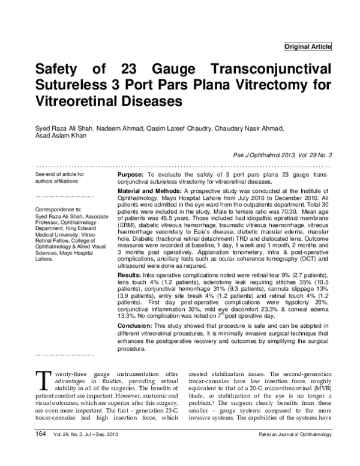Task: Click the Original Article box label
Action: (307, 46)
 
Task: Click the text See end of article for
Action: (60, 174)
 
